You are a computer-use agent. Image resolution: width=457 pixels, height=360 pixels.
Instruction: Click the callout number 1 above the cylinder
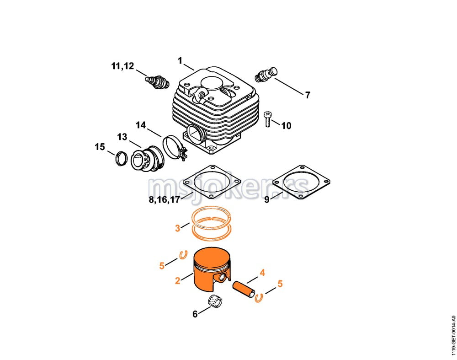(x=180, y=61)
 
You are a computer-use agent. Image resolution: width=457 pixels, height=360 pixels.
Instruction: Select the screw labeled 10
(x=267, y=119)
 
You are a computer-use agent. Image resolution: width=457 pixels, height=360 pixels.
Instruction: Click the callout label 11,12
(x=122, y=66)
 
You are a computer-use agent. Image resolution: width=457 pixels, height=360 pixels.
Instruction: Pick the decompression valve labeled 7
(x=266, y=75)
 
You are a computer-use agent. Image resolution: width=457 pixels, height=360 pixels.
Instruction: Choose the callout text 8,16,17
(x=165, y=200)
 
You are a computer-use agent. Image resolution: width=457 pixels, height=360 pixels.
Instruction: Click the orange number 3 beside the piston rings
(x=177, y=228)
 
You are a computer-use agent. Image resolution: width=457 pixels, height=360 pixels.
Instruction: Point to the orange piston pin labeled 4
(x=244, y=290)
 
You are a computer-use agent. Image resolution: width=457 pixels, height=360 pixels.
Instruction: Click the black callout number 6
(x=195, y=314)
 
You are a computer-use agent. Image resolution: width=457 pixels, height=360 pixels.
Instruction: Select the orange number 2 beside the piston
(x=177, y=281)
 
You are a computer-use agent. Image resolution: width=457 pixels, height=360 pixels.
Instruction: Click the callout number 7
(x=308, y=95)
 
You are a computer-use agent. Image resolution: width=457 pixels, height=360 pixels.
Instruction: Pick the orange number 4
(x=262, y=273)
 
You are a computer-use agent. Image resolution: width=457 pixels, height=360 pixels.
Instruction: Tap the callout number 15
(x=100, y=147)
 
